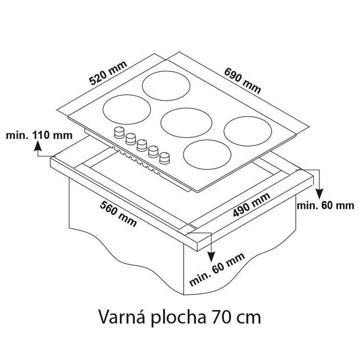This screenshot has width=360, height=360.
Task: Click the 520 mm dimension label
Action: coord(108,73)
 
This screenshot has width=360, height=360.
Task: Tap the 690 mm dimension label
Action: coord(242,81)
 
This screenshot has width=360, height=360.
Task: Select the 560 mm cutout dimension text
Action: coord(118,214)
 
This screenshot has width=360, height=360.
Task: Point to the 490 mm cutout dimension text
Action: coord(251,205)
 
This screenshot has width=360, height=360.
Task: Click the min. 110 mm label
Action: coord(39,135)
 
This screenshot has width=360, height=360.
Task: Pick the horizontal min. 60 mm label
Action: coord(326,206)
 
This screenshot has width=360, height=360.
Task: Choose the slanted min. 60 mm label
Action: coord(217,269)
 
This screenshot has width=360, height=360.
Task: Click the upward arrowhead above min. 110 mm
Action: coord(38,146)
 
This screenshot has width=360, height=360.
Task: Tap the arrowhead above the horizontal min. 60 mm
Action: coord(319,194)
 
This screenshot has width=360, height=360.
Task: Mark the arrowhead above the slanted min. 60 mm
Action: coord(211,257)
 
